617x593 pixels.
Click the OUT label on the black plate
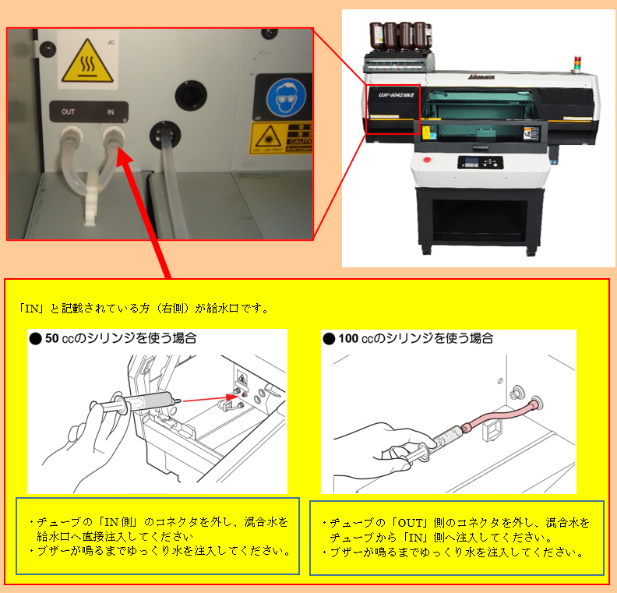[x=68, y=112]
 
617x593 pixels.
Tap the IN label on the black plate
[x=111, y=112]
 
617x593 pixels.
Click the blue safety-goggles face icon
[x=281, y=99]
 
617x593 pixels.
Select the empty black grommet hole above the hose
[x=189, y=95]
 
